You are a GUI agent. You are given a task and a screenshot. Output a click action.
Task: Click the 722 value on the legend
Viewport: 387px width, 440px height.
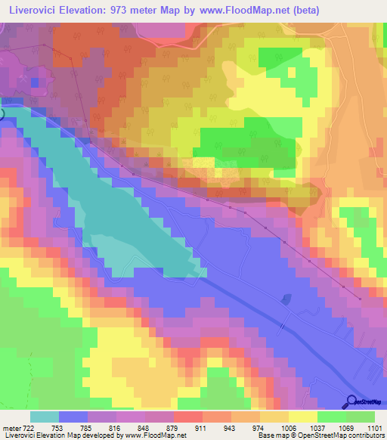tap(29, 427)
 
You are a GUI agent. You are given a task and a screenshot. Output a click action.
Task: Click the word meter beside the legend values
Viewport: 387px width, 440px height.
tap(11, 427)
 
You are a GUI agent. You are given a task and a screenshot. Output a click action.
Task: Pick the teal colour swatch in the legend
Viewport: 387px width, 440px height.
tap(45, 417)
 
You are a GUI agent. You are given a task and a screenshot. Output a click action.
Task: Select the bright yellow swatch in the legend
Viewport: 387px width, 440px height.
tap(303, 417)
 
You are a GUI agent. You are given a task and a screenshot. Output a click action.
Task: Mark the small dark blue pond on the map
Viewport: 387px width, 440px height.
tap(286, 299)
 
